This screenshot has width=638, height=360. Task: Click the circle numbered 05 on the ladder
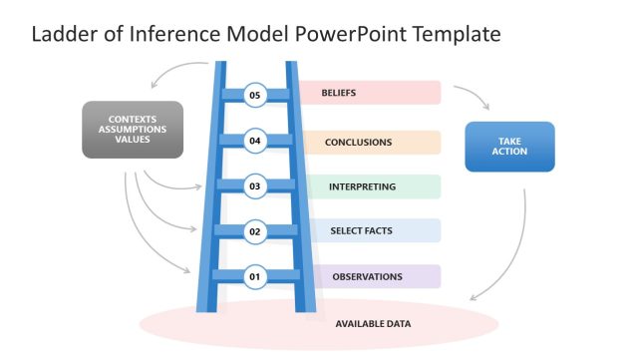(x=255, y=95)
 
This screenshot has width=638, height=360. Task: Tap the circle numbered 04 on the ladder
(x=255, y=141)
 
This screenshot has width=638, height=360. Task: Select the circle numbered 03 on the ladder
(x=255, y=186)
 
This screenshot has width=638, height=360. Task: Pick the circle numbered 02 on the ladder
(x=255, y=231)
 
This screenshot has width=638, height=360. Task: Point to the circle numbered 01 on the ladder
(x=255, y=276)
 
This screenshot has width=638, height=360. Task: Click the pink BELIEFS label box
(x=369, y=93)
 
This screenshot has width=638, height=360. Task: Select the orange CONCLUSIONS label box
(x=369, y=142)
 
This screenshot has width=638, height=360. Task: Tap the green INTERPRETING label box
(x=369, y=186)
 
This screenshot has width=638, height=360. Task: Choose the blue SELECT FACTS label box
(x=369, y=231)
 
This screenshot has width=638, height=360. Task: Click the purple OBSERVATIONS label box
(x=369, y=276)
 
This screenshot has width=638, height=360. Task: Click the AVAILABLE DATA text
(x=373, y=324)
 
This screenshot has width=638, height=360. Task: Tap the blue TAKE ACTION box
(x=509, y=147)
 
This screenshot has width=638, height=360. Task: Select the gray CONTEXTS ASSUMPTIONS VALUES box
(x=133, y=130)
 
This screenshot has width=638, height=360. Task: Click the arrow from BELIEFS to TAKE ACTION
(x=473, y=95)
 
